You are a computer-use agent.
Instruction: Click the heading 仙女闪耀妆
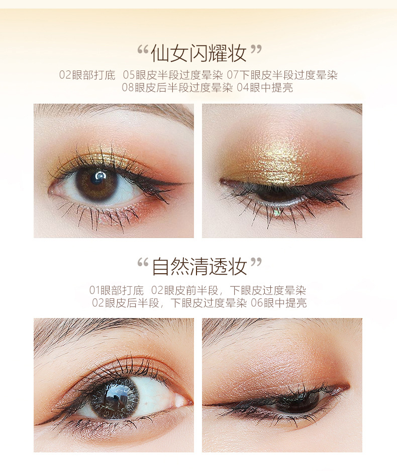tap(198, 53)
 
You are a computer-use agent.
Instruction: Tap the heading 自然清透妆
tap(199, 266)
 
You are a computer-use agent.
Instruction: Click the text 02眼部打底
tap(87, 75)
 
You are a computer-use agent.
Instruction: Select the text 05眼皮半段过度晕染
tap(173, 75)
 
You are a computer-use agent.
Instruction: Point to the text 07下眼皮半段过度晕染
tap(282, 75)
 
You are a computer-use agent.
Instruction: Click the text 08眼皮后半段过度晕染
tap(177, 88)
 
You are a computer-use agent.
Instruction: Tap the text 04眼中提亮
tap(265, 88)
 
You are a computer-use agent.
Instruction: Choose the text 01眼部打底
tap(117, 290)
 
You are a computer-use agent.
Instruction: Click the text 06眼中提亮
tap(279, 303)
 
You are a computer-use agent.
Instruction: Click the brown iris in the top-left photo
tap(96, 184)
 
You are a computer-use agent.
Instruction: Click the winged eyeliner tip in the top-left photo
tap(183, 183)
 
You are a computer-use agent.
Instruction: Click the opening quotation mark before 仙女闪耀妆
tap(143, 50)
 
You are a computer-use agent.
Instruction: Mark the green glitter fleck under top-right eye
tap(277, 213)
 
